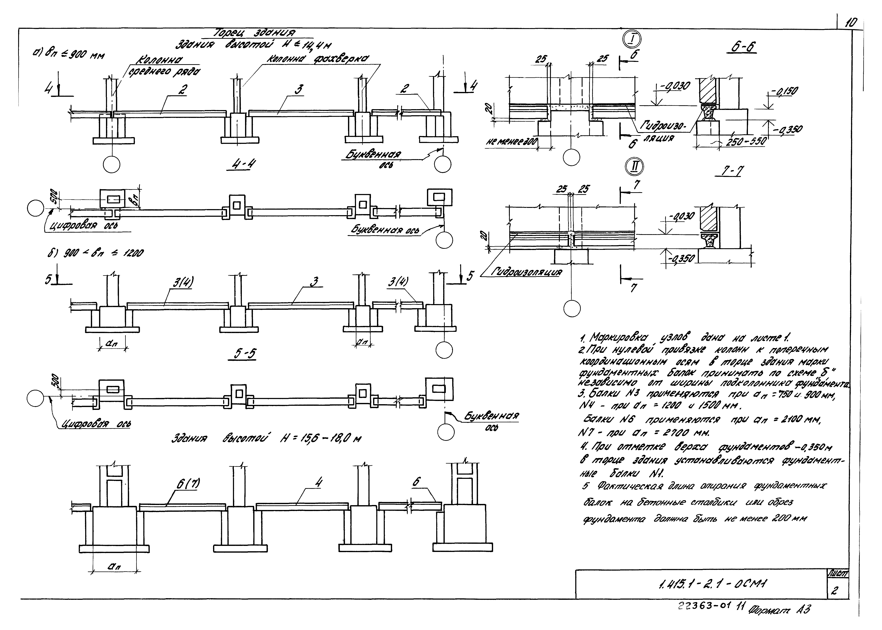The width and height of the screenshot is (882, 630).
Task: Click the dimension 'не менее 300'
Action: tap(511, 143)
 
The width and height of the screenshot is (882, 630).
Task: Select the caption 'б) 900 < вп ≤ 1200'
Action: tap(93, 253)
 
